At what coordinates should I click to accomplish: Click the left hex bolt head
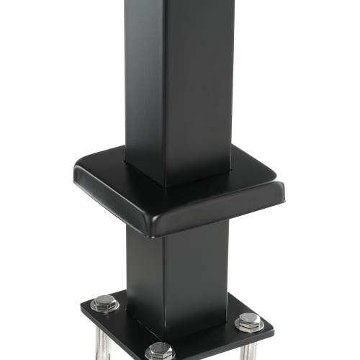104,303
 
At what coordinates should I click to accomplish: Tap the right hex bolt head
248,321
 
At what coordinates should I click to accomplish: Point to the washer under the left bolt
104,310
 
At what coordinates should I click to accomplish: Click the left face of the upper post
144,79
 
